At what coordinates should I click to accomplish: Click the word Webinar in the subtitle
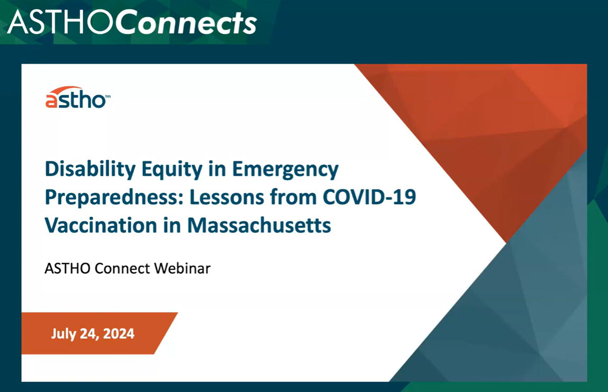point(182,269)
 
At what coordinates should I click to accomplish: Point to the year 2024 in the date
point(119,334)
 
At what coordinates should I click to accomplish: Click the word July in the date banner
point(62,334)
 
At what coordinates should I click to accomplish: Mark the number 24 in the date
point(85,334)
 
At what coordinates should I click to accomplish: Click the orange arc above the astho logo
point(66,90)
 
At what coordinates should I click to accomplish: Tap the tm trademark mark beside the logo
point(108,96)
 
